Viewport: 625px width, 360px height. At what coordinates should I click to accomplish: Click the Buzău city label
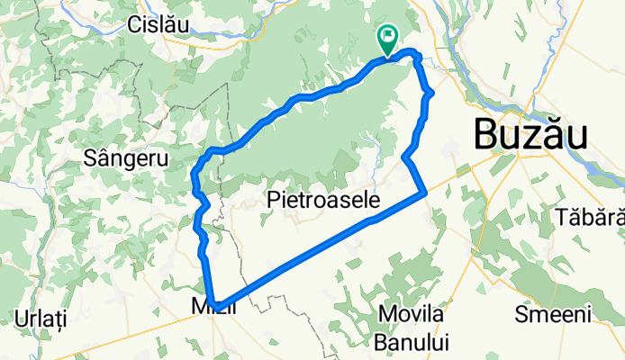(x=530, y=136)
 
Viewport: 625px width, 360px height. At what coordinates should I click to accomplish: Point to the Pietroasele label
(x=323, y=200)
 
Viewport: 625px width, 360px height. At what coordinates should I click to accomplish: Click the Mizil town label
(x=214, y=307)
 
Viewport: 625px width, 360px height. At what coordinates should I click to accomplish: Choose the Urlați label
(x=41, y=319)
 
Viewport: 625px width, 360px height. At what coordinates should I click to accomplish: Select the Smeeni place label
(x=552, y=314)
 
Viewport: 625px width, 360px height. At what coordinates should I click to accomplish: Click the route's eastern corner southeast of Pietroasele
(x=424, y=192)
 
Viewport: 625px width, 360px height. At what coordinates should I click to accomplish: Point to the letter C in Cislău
(x=135, y=24)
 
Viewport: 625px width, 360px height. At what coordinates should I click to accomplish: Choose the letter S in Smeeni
(x=520, y=314)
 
